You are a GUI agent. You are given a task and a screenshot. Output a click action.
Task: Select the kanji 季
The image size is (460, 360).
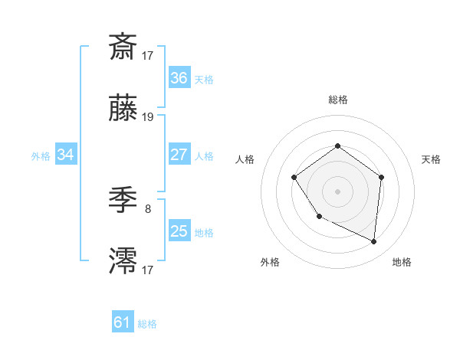pyautogui.click(x=123, y=201)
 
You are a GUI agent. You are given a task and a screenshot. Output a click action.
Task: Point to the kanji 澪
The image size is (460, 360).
pyautogui.click(x=123, y=260)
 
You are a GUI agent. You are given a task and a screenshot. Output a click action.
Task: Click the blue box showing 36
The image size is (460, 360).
pyautogui.click(x=179, y=78)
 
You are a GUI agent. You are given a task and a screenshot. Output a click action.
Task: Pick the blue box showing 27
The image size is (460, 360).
pyautogui.click(x=179, y=155)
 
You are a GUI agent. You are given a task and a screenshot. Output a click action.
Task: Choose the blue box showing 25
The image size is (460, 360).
pyautogui.click(x=179, y=231)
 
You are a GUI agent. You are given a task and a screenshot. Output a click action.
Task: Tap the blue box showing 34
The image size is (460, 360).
pyautogui.click(x=66, y=155)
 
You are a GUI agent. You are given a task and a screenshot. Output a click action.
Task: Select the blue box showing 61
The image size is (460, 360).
pyautogui.click(x=123, y=322)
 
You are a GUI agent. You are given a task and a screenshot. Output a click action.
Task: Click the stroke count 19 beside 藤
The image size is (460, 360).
pyautogui.click(x=148, y=117)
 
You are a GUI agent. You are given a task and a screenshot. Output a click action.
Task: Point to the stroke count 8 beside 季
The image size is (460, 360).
pyautogui.click(x=147, y=208)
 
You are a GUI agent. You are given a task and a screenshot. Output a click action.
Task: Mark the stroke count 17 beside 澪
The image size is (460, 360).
pyautogui.click(x=148, y=269)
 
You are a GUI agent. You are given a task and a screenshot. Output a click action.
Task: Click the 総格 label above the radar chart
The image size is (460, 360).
pyautogui.click(x=337, y=100)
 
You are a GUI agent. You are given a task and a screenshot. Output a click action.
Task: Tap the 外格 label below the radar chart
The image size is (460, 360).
pyautogui.click(x=270, y=262)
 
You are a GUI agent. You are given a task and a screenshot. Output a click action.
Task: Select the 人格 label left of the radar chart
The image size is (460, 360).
pyautogui.click(x=245, y=159)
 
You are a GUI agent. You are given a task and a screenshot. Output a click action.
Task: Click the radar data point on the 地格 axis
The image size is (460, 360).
pyautogui.click(x=374, y=242)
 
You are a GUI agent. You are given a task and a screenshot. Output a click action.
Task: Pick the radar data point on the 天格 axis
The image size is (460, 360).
pyautogui.click(x=382, y=177)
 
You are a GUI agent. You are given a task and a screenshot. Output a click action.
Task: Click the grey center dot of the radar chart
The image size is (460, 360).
pyautogui.click(x=337, y=191)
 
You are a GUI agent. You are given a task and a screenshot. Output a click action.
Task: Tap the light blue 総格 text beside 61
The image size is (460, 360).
pyautogui.click(x=148, y=324)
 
